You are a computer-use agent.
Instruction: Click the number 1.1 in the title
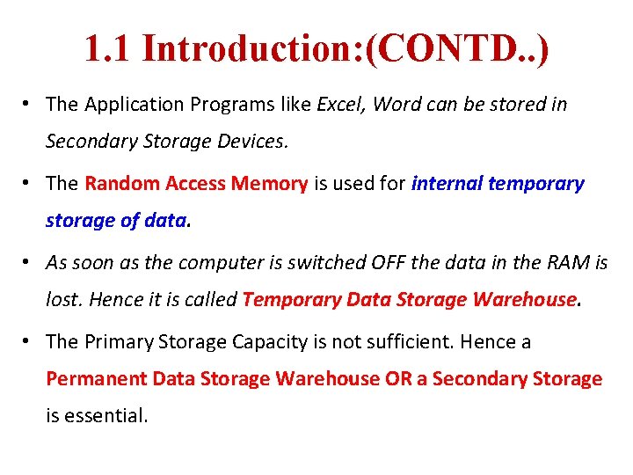tap(107, 48)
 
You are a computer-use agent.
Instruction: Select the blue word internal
tap(446, 184)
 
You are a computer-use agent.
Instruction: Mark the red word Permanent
tap(96, 379)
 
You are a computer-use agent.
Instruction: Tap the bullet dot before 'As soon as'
tap(29, 262)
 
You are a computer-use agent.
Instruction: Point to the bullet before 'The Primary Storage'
tap(29, 341)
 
